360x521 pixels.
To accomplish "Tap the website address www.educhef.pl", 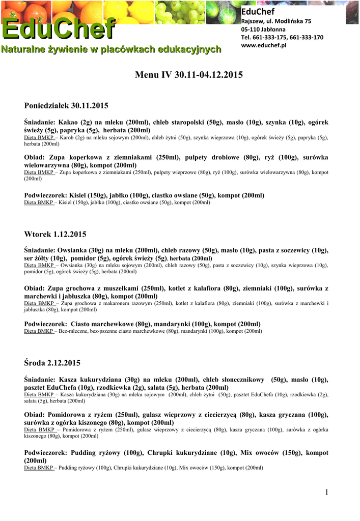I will pos(263,45).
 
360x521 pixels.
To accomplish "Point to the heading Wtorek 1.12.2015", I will pos(55,234).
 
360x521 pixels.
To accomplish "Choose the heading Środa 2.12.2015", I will pos(52,363).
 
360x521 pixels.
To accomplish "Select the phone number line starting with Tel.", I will pos(282,37).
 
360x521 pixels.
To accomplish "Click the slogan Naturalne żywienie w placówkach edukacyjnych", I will pos(112,49).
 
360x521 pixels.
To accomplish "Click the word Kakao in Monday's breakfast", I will pos(69,122).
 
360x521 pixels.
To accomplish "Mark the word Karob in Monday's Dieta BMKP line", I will pos(69,137).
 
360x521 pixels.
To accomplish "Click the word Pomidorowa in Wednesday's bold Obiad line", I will pos(65,415).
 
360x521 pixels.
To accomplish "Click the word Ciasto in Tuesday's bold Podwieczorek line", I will pos(80,324).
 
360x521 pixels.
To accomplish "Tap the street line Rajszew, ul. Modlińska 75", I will pos(275,21).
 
